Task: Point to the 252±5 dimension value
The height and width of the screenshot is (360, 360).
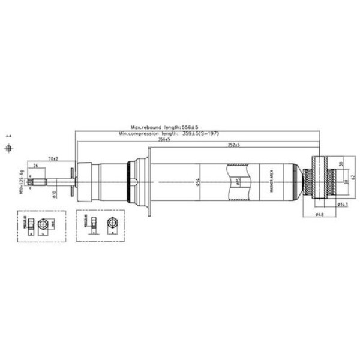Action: [233, 145]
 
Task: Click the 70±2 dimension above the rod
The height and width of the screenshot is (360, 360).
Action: [53, 158]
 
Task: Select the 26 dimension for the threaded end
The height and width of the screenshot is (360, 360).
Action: [36, 165]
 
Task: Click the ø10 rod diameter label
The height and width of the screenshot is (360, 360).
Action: [55, 193]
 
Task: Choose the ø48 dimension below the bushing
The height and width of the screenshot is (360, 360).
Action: [320, 214]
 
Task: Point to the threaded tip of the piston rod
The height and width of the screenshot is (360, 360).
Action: [36, 181]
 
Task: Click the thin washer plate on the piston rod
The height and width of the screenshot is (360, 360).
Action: [73, 181]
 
